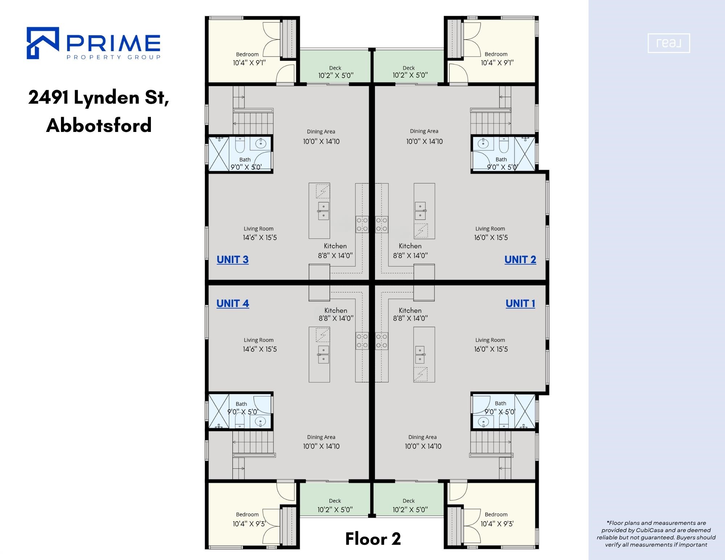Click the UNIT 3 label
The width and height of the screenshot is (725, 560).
point(232,260)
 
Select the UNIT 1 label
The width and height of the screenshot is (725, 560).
point(520,304)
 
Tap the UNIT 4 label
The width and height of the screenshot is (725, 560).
point(233,304)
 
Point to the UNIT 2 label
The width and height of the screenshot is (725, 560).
point(520,260)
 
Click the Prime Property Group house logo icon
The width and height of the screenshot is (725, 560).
point(43,43)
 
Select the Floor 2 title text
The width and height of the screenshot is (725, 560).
point(373,539)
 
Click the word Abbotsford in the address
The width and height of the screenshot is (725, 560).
point(99,125)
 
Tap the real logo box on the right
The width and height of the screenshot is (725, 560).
point(669,43)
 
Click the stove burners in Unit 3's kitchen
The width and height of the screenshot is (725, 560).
point(362,224)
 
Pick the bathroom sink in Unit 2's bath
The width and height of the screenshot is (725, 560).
point(483,144)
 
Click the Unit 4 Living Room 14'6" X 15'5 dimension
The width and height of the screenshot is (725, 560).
point(260,349)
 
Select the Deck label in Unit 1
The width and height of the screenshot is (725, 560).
point(408,501)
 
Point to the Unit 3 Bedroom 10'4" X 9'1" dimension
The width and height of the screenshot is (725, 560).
point(249,63)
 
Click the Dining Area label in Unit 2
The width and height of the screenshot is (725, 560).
point(424,131)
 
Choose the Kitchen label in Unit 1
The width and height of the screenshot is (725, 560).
point(410,311)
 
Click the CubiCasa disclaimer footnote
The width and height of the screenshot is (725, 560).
point(656,534)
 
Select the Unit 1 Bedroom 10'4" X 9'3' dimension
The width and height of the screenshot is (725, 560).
point(497,524)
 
